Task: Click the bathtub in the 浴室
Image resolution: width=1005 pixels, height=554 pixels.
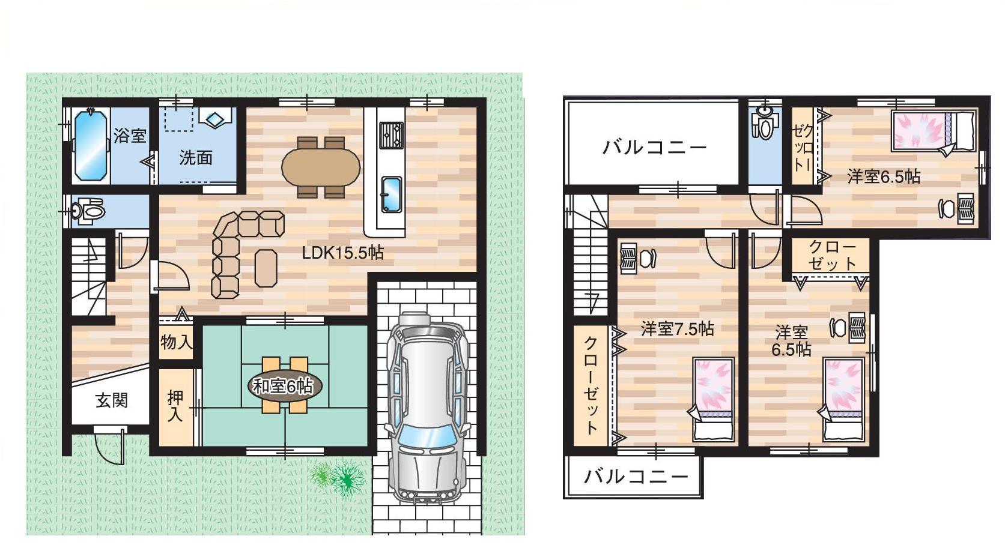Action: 91,145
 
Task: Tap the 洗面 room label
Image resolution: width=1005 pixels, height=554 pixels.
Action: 196,158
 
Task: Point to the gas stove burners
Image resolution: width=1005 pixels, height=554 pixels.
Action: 391,135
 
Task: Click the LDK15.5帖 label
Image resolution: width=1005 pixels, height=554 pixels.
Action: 343,253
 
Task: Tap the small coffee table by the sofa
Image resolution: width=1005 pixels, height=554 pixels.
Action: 266,268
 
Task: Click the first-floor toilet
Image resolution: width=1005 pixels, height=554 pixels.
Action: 89,211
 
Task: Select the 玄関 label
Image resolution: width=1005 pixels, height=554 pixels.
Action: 112,400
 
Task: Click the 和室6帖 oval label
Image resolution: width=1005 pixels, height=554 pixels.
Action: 285,386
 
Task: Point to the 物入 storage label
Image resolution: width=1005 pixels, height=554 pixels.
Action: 177,343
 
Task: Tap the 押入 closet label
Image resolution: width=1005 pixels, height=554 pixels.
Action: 175,406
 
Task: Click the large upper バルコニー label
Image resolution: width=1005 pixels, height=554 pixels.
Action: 655,148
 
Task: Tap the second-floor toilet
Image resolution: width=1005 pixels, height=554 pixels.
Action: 765,122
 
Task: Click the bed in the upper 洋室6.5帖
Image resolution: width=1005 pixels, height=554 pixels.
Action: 934,131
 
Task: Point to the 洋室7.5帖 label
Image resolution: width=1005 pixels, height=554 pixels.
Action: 678,330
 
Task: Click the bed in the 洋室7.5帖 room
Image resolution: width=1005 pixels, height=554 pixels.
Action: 714,399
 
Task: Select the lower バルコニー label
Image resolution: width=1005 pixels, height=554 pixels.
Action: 636,477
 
